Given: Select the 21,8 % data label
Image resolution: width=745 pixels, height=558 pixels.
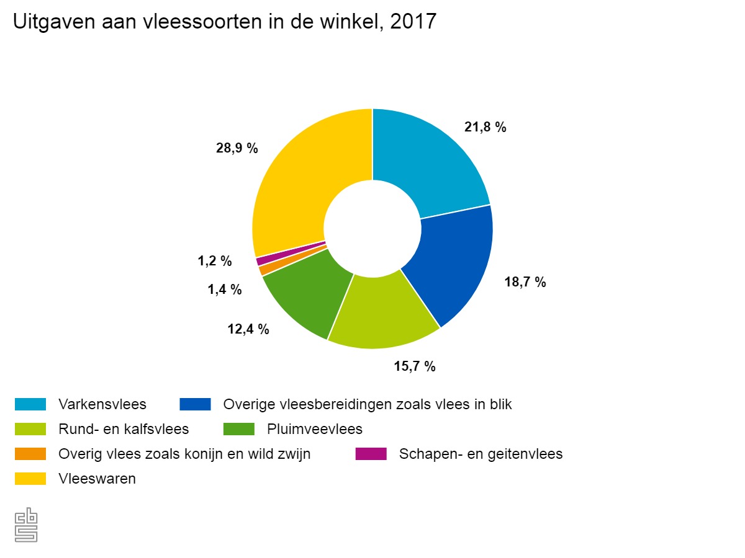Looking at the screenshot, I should coord(485,127).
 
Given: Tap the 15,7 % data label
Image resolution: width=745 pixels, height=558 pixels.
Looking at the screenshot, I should coord(414,366).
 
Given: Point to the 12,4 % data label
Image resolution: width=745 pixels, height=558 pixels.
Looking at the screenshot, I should coord(248,329).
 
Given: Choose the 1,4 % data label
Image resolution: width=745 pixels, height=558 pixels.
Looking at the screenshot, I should coord(224,290).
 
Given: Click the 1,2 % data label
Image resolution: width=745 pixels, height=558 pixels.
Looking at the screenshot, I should coord(215,262).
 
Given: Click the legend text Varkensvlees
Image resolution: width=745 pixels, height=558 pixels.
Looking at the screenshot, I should coord(102,404).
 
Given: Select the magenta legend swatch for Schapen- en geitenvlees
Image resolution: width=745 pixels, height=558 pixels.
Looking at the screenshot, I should coord(371,454).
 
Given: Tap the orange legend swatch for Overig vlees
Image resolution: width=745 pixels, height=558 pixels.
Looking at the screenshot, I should coord(30,454).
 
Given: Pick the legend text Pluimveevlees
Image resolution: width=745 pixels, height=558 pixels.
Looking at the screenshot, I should coord(315,429).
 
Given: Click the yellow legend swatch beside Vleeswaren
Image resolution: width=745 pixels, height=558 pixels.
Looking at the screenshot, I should coord(30,479).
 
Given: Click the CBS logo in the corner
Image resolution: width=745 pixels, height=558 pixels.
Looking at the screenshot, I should coord(27,526).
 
